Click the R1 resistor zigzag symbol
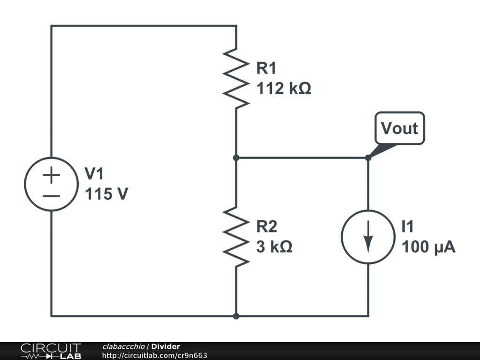pyautogui.click(x=236, y=78)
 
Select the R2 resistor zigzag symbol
pyautogui.click(x=236, y=237)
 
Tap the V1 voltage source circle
pyautogui.click(x=52, y=184)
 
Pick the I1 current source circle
pyautogui.click(x=368, y=237)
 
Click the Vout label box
pyautogui.click(x=399, y=128)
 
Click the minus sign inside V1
pyautogui.click(x=52, y=195)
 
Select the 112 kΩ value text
pyautogui.click(x=284, y=88)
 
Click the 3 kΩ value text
pyautogui.click(x=274, y=247)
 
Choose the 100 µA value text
pyautogui.click(x=428, y=247)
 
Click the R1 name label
pyautogui.click(x=266, y=68)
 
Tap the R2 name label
pyautogui.click(x=266, y=227)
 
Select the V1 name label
pyautogui.click(x=94, y=174)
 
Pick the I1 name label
pyautogui.click(x=407, y=227)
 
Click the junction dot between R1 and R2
pyautogui.click(x=236, y=158)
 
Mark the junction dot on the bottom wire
pyautogui.click(x=236, y=316)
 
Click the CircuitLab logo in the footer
pyautogui.click(x=51, y=351)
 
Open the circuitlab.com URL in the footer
pyautogui.click(x=154, y=356)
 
